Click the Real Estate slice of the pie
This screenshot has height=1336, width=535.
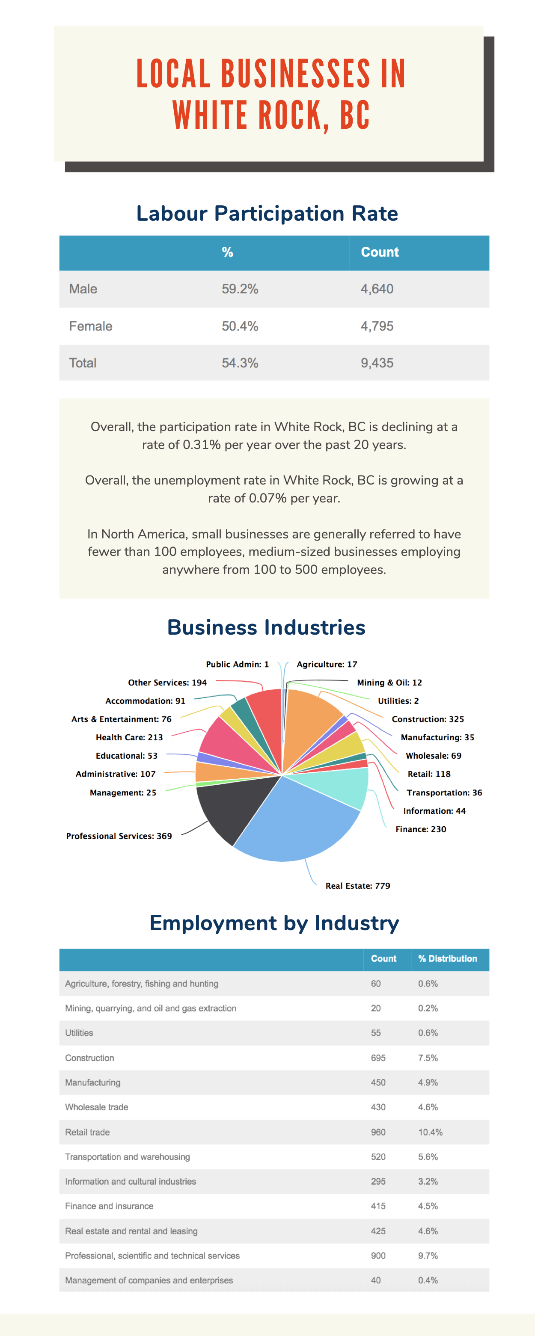pyautogui.click(x=296, y=825)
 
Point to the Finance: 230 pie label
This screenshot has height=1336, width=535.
pyautogui.click(x=420, y=829)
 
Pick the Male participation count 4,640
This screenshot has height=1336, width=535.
pyautogui.click(x=377, y=289)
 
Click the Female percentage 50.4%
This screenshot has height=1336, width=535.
pyautogui.click(x=240, y=326)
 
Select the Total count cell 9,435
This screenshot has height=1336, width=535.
pyautogui.click(x=377, y=363)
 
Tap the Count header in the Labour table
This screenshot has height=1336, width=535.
pyautogui.click(x=379, y=252)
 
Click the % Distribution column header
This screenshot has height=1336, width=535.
pyautogui.click(x=447, y=958)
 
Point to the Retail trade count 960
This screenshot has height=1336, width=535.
pyautogui.click(x=378, y=1132)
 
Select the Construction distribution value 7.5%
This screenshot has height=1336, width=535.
pyautogui.click(x=428, y=1058)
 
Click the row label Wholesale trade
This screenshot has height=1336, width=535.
pyautogui.click(x=97, y=1107)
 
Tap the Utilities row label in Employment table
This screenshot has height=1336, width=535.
pyautogui.click(x=79, y=1033)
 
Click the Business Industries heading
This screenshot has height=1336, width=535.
pyautogui.click(x=266, y=627)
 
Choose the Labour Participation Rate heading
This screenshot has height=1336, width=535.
pyautogui.click(x=267, y=214)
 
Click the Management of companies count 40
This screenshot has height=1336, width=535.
pyautogui.click(x=376, y=1280)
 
